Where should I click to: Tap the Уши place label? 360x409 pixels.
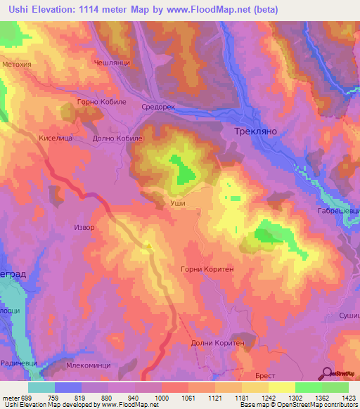click(178, 202)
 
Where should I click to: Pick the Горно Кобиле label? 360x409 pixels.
click(83, 103)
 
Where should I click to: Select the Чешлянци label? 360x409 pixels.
click(109, 62)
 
